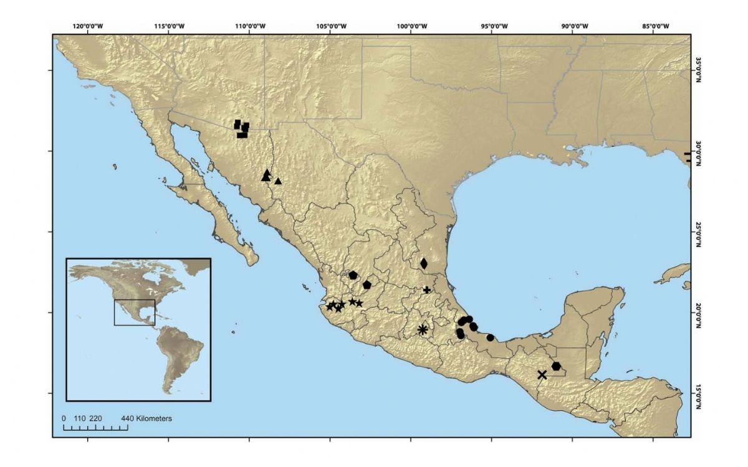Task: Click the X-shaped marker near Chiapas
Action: point(542,375)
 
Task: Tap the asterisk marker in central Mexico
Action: point(423,329)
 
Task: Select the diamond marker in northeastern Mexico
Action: point(424,263)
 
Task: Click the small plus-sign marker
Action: point(426,290)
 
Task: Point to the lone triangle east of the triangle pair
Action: point(278,181)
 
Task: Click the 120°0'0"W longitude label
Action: point(87,26)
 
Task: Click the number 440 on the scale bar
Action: point(127,418)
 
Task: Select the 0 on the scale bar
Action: point(64,418)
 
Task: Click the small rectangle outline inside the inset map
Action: point(134,312)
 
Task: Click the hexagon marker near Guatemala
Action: point(556,366)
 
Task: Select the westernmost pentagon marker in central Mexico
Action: point(353,275)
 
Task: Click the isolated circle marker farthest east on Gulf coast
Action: point(491,338)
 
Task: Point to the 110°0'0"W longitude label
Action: point(249,26)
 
